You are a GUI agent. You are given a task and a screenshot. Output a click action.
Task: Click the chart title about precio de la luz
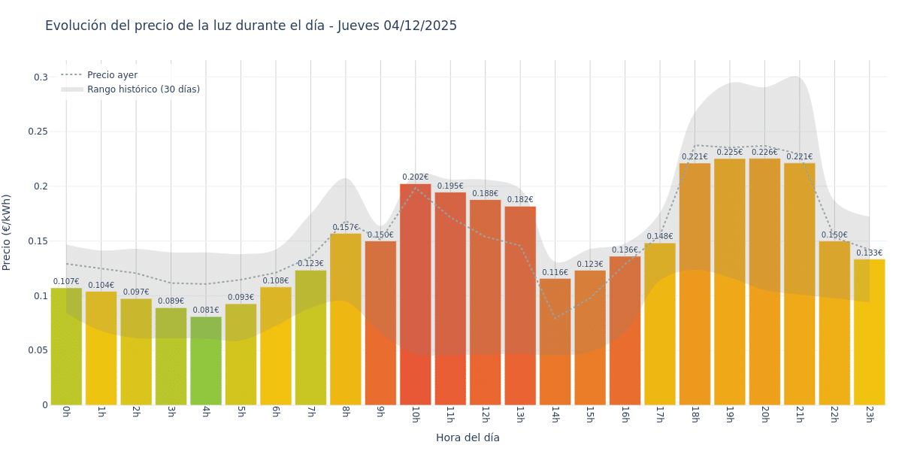coord(251,26)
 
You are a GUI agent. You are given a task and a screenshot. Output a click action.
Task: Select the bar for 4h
coord(206,361)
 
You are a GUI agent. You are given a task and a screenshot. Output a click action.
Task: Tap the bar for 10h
coord(416,293)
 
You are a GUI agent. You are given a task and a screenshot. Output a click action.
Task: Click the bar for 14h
coord(555,342)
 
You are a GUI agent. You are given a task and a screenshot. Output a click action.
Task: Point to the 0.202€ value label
coord(416,177)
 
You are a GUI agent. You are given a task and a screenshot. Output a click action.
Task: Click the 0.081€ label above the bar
coord(206,310)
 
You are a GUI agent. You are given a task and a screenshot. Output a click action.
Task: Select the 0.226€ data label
coord(764,152)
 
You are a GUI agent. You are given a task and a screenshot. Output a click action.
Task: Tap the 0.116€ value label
coord(555,272)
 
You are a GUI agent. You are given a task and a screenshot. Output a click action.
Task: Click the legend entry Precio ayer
coord(112,75)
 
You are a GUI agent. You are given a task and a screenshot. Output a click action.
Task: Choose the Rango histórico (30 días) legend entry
coord(143,89)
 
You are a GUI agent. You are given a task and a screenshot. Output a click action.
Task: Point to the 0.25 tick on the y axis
coord(38,132)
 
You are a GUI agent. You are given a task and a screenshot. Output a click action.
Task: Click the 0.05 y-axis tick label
coord(38,350)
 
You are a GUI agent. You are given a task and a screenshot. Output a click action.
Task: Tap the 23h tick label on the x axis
coord(870,414)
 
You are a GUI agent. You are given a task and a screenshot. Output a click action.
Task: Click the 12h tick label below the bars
coord(486,414)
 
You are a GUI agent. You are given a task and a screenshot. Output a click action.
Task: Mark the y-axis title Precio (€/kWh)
coord(8,232)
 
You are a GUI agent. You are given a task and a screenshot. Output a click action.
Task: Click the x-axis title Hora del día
coord(468,437)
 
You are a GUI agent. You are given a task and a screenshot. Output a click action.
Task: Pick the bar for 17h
coord(660,323)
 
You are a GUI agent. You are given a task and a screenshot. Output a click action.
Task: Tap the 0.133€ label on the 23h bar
coord(870,253)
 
